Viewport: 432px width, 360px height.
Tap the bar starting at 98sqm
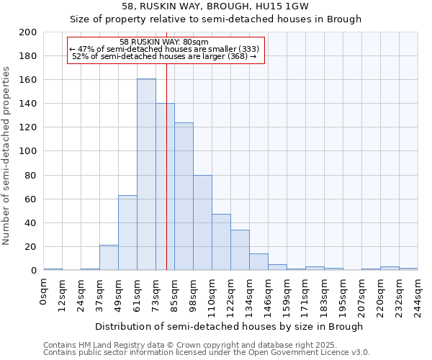click(x=202, y=222)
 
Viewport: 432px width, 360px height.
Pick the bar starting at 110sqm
click(x=221, y=242)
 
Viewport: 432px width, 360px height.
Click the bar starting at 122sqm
click(x=240, y=250)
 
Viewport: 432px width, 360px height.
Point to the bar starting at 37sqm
click(x=109, y=258)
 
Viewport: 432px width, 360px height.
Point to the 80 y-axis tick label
click(x=31, y=175)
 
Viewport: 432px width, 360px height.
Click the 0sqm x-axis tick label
click(x=44, y=292)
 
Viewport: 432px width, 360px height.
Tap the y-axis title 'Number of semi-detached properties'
click(x=8, y=156)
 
